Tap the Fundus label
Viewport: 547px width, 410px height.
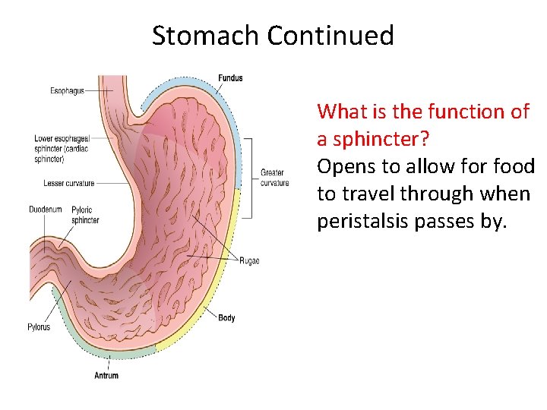pos(230,78)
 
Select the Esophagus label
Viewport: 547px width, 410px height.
pos(68,91)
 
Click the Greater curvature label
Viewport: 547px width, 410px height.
pos(273,178)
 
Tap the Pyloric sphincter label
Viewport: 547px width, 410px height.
pos(85,215)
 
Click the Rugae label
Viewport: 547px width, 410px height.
pos(249,260)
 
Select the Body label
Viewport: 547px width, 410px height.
pos(226,317)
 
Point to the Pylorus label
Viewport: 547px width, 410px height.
pos(39,327)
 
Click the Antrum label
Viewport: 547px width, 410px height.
pos(106,375)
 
